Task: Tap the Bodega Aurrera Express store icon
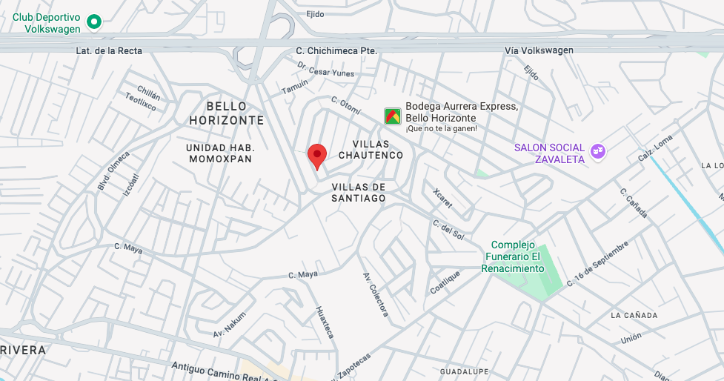pyautogui.click(x=393, y=116)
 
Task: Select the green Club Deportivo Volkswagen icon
pyautogui.click(x=94, y=22)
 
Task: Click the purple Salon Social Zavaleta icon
pyautogui.click(x=598, y=152)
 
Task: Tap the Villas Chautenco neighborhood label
pyautogui.click(x=371, y=149)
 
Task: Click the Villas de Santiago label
pyautogui.click(x=359, y=193)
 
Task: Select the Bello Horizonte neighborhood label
pyautogui.click(x=226, y=113)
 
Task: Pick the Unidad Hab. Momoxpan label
pyautogui.click(x=219, y=153)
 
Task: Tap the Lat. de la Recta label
pyautogui.click(x=109, y=50)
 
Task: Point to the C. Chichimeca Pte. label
pyautogui.click(x=336, y=50)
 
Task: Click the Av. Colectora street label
pyautogui.click(x=375, y=294)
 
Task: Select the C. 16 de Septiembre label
pyautogui.click(x=597, y=264)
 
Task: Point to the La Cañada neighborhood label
pyautogui.click(x=634, y=315)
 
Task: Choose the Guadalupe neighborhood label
pyautogui.click(x=463, y=371)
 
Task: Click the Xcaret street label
pyautogui.click(x=441, y=198)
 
